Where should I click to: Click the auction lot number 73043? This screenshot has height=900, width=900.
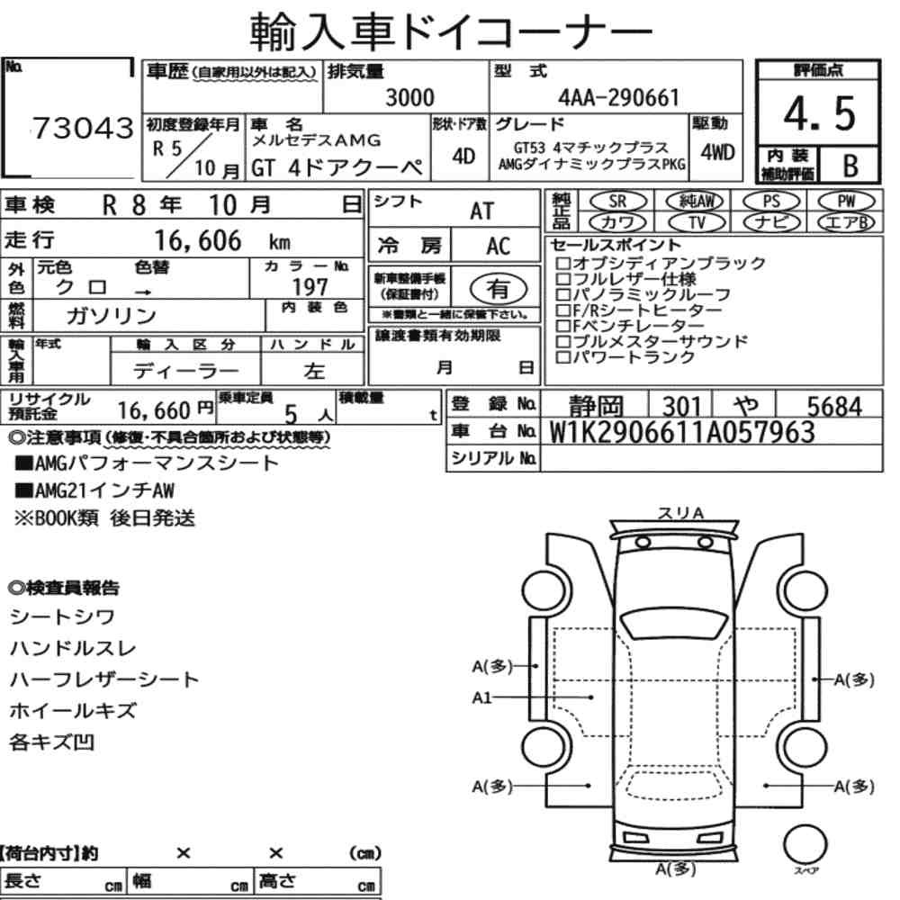click(x=83, y=128)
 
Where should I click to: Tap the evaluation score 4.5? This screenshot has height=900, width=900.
click(x=820, y=113)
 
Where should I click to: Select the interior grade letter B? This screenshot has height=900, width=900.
click(x=850, y=166)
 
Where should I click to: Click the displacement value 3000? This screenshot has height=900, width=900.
click(x=409, y=97)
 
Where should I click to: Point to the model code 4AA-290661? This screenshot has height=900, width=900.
click(x=619, y=97)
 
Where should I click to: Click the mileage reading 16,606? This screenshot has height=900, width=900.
click(x=197, y=241)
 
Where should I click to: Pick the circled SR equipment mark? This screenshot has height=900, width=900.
click(x=618, y=202)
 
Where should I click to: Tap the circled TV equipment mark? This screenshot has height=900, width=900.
click(x=697, y=222)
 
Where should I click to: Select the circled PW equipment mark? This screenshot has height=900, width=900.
click(x=846, y=202)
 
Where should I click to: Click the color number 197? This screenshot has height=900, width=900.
click(x=310, y=286)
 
